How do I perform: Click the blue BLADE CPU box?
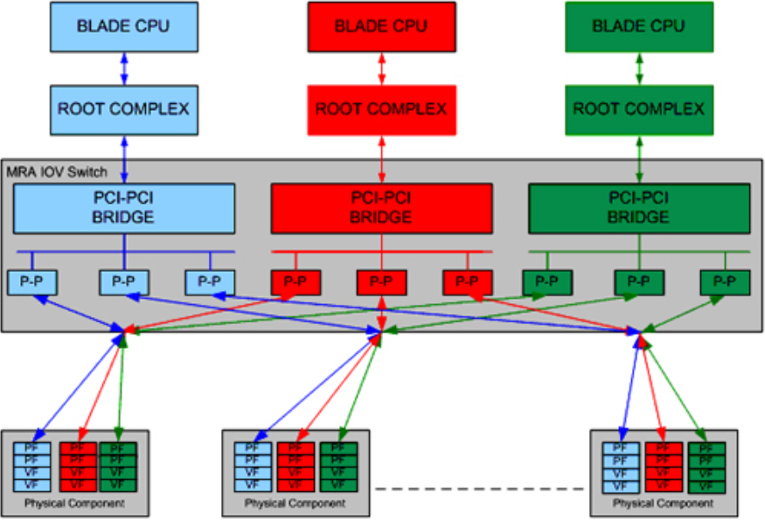point(123,26)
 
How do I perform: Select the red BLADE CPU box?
point(381,26)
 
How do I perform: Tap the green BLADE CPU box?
point(638,26)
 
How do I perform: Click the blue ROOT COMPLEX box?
point(123,109)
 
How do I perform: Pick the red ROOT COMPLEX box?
point(381,109)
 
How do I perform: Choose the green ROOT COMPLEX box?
point(638,109)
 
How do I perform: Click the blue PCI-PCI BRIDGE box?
point(123,209)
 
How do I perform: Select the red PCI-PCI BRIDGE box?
point(381,209)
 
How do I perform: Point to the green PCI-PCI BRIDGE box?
point(638,209)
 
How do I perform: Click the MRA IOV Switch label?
point(57,171)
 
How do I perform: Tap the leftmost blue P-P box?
point(32,282)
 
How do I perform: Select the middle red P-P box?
point(381,282)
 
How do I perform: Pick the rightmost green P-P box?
point(725,282)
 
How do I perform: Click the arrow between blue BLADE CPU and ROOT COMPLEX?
point(123,68)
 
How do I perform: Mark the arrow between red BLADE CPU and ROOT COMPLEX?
point(381,68)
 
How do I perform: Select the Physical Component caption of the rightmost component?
point(663,503)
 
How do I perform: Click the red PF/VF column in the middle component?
point(295,466)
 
